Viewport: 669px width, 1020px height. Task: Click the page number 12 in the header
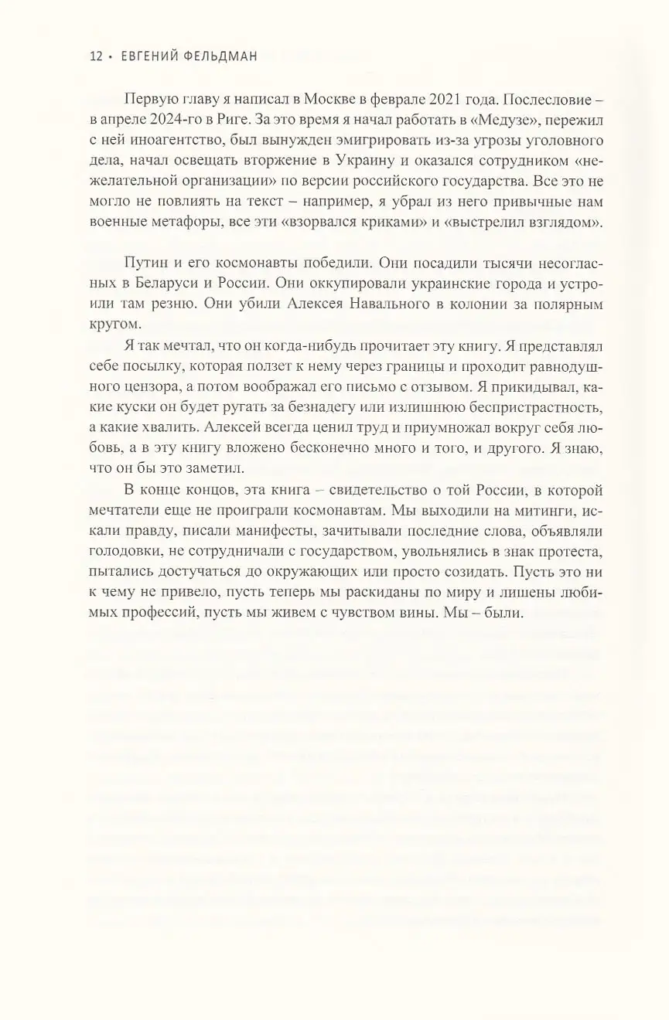pyautogui.click(x=97, y=56)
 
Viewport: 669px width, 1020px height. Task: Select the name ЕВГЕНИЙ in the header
pyautogui.click(x=152, y=56)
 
